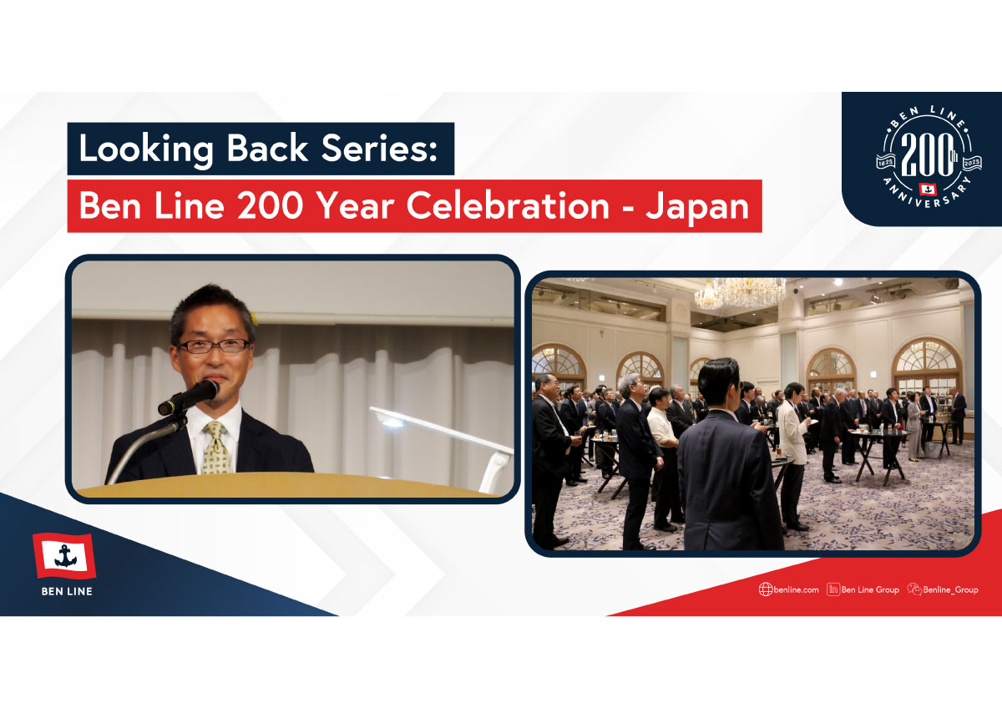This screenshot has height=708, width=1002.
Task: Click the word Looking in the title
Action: coord(146,149)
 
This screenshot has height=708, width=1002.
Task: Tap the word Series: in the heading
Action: coord(379,148)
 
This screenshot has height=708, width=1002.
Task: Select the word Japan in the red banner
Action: coord(697,207)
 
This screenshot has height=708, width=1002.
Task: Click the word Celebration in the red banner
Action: coord(508,205)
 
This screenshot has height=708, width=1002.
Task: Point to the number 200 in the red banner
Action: coord(271,205)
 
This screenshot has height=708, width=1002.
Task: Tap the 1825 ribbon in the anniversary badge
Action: coord(886,162)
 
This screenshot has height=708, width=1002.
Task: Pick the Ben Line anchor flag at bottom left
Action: coord(64,556)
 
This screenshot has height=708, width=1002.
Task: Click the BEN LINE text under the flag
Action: coord(67,591)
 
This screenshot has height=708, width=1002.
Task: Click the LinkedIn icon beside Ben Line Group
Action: coord(833,589)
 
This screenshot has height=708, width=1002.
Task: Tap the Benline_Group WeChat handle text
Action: coord(950,590)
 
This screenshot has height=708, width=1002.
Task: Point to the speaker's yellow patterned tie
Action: coord(215,448)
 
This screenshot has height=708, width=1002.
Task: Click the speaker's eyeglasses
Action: coord(214,346)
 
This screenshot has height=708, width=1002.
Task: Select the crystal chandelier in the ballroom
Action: coord(740,293)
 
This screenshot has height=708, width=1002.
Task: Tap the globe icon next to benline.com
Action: coord(766,589)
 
